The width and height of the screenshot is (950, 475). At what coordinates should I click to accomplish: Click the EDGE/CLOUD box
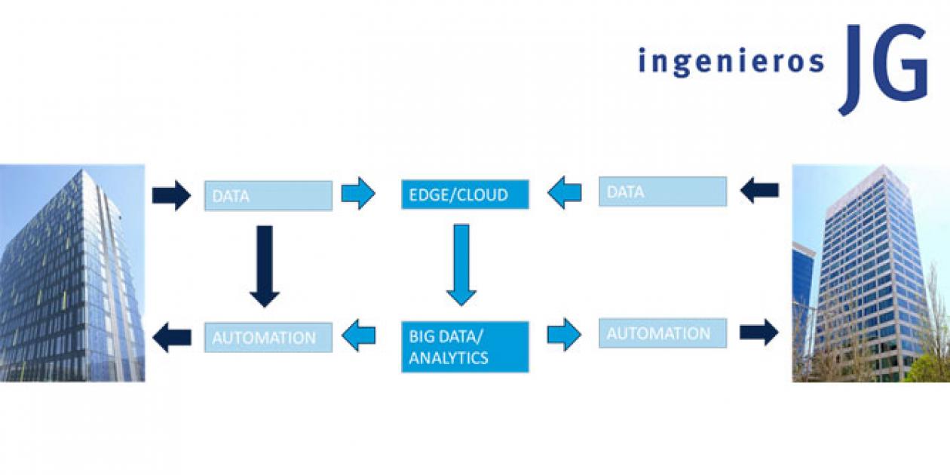pos(465,195)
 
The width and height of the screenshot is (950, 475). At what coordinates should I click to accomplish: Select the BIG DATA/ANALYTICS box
pos(465,347)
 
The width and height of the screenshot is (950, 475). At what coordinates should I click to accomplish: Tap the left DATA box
pos(268,195)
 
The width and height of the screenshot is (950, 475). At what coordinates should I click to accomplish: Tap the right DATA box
pos(663,192)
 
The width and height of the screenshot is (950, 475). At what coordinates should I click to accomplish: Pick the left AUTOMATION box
pos(268,338)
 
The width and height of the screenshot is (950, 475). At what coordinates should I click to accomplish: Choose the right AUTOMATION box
pos(663,333)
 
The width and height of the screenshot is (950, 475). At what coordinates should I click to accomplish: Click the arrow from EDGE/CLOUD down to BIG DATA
pos(461,265)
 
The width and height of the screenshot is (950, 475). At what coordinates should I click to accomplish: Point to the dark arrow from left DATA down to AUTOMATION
pos(264,266)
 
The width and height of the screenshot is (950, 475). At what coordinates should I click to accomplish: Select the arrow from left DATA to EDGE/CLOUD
pos(358,193)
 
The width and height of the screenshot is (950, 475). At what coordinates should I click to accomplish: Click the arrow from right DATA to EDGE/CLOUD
pos(564,192)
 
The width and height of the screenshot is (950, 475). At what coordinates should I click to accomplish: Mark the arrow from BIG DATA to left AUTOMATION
pos(358,336)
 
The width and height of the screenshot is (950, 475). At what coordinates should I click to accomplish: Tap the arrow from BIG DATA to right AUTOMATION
pos(564,335)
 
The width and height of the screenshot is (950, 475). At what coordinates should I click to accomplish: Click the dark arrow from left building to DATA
pos(172,195)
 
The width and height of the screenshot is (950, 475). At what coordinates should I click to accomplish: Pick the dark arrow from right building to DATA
pos(759,190)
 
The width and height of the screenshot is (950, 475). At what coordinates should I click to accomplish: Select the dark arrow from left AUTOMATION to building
pos(172,337)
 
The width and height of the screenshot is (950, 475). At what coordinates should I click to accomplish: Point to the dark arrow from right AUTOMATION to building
pos(759,332)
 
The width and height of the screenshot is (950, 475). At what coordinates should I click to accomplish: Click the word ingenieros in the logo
pos(731,62)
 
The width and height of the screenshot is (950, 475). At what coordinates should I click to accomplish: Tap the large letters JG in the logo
pos(883,69)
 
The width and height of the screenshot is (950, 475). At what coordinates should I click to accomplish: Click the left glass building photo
pos(72,273)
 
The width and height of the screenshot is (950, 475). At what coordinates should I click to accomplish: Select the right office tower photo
pos(871,273)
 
